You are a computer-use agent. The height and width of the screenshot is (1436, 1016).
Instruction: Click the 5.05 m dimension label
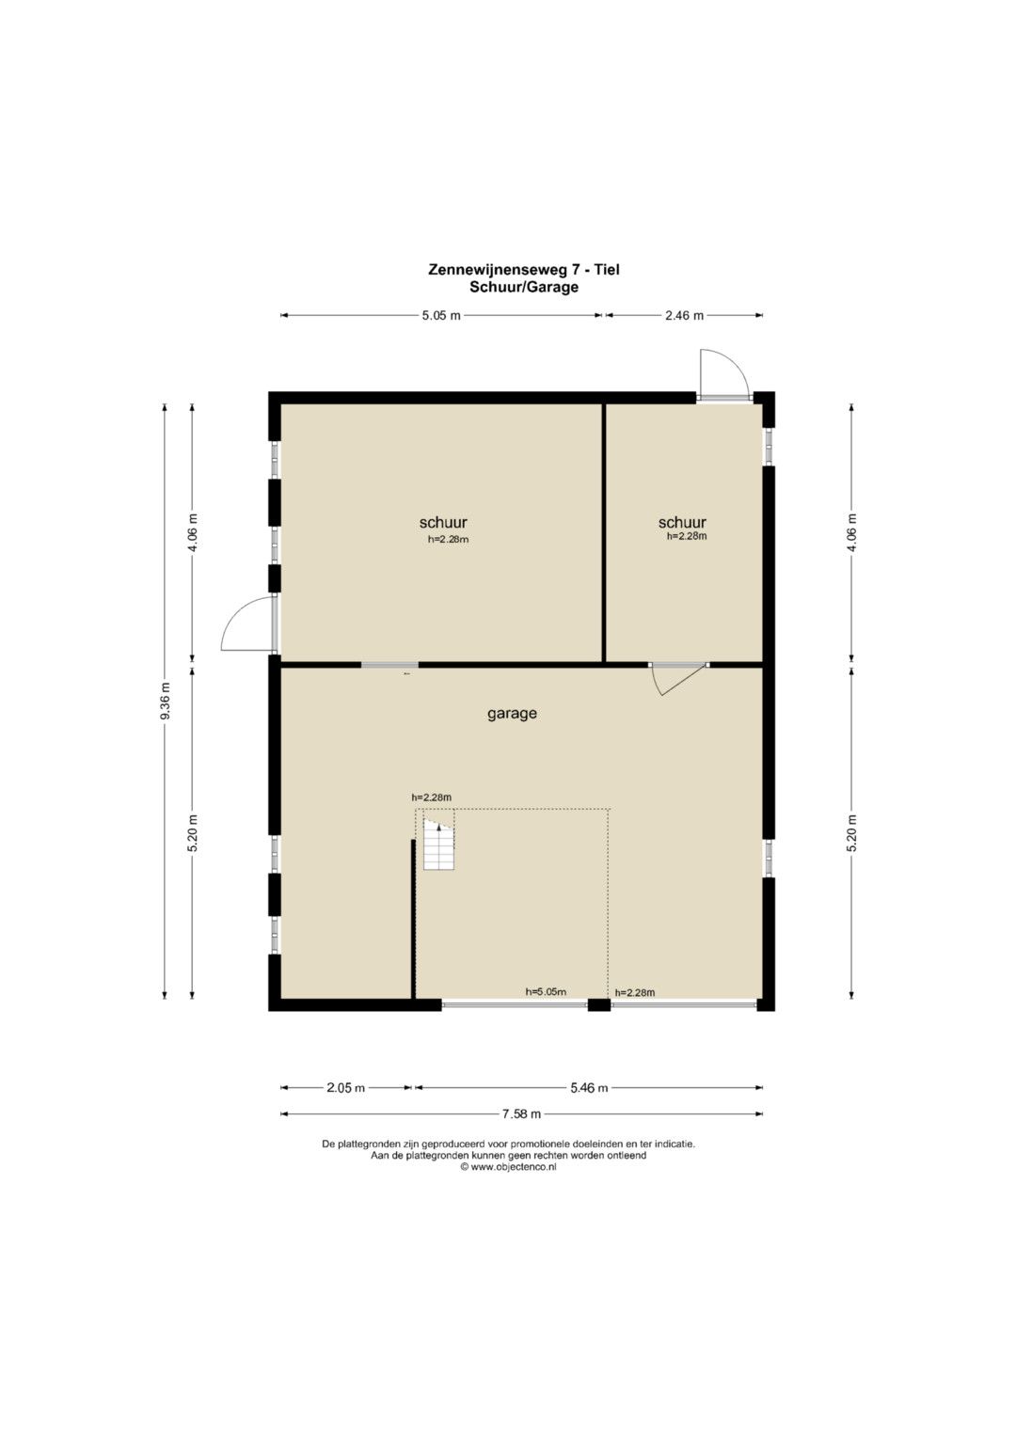(441, 315)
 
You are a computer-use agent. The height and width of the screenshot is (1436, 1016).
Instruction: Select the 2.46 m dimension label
(684, 315)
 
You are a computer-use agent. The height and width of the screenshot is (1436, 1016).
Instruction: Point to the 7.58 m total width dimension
(521, 1113)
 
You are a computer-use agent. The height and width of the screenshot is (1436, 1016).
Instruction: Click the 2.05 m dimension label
(346, 1087)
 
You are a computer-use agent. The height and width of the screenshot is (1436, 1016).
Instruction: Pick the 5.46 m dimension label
(589, 1087)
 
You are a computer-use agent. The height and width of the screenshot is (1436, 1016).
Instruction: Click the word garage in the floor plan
(512, 714)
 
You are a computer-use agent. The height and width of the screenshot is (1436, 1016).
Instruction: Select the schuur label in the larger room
(443, 522)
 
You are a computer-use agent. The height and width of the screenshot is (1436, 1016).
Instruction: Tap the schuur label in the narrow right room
(682, 522)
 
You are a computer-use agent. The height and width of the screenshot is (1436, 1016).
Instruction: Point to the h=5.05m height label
(546, 992)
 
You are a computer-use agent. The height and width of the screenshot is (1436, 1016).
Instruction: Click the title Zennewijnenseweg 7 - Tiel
(524, 270)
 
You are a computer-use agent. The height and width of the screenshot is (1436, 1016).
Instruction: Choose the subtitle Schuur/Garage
(524, 287)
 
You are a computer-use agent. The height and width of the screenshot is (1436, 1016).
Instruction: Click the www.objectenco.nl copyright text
(509, 1167)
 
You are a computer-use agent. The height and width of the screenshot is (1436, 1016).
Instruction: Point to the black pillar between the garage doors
(599, 1004)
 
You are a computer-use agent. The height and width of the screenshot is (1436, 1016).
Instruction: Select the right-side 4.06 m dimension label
(851, 532)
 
